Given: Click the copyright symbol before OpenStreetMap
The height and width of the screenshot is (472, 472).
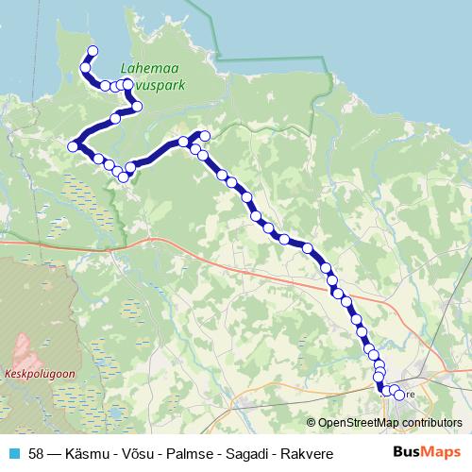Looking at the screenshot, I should [312, 423].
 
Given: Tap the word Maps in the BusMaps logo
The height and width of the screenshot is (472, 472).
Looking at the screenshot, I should [442, 451].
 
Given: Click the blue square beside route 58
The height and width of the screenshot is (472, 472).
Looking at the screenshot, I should [13, 452].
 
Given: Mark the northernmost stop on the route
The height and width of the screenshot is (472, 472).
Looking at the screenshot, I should [92, 51].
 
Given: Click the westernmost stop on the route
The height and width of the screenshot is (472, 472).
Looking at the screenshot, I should [73, 145].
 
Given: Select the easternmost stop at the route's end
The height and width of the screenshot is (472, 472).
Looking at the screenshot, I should [399, 395].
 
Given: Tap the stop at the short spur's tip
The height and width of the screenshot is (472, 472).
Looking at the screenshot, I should [205, 136].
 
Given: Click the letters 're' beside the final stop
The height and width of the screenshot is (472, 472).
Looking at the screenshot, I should [411, 395].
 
